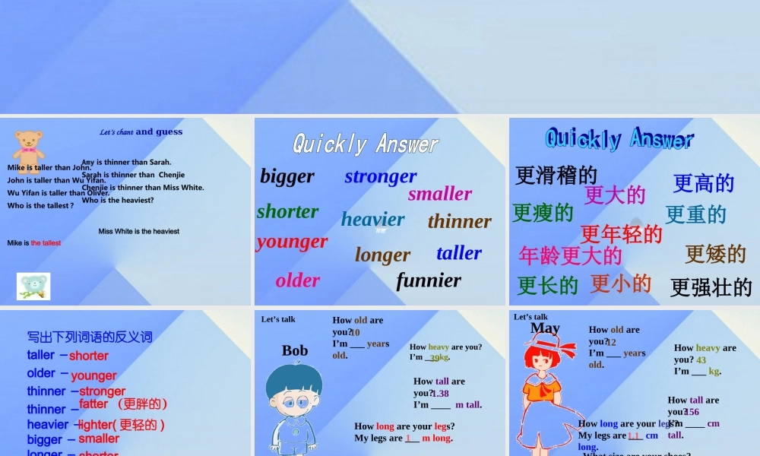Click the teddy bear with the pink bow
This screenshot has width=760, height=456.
[x=28, y=150]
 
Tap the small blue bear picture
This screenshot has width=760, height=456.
[x=33, y=286]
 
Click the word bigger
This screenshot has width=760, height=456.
[x=287, y=176]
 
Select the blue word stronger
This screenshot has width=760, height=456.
[x=380, y=176]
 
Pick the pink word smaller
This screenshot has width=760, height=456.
[x=440, y=194]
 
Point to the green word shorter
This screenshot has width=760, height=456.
[x=287, y=211]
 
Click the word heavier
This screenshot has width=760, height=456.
[x=372, y=220]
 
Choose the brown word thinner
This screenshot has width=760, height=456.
[x=459, y=221]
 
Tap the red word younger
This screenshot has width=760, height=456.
[x=292, y=242]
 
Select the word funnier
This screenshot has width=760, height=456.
[x=429, y=280]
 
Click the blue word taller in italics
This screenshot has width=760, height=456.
[x=459, y=253]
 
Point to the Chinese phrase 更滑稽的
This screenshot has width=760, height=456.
[x=556, y=176]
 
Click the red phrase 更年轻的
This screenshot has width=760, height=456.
[x=621, y=234]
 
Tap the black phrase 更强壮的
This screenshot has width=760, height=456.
[x=711, y=287]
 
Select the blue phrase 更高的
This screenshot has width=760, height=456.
[x=703, y=183]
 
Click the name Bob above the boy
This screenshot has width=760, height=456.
[x=295, y=350]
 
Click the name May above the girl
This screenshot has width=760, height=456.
[x=545, y=328]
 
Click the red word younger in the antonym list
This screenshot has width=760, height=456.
[x=93, y=375]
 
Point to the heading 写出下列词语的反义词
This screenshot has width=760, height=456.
[x=90, y=337]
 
